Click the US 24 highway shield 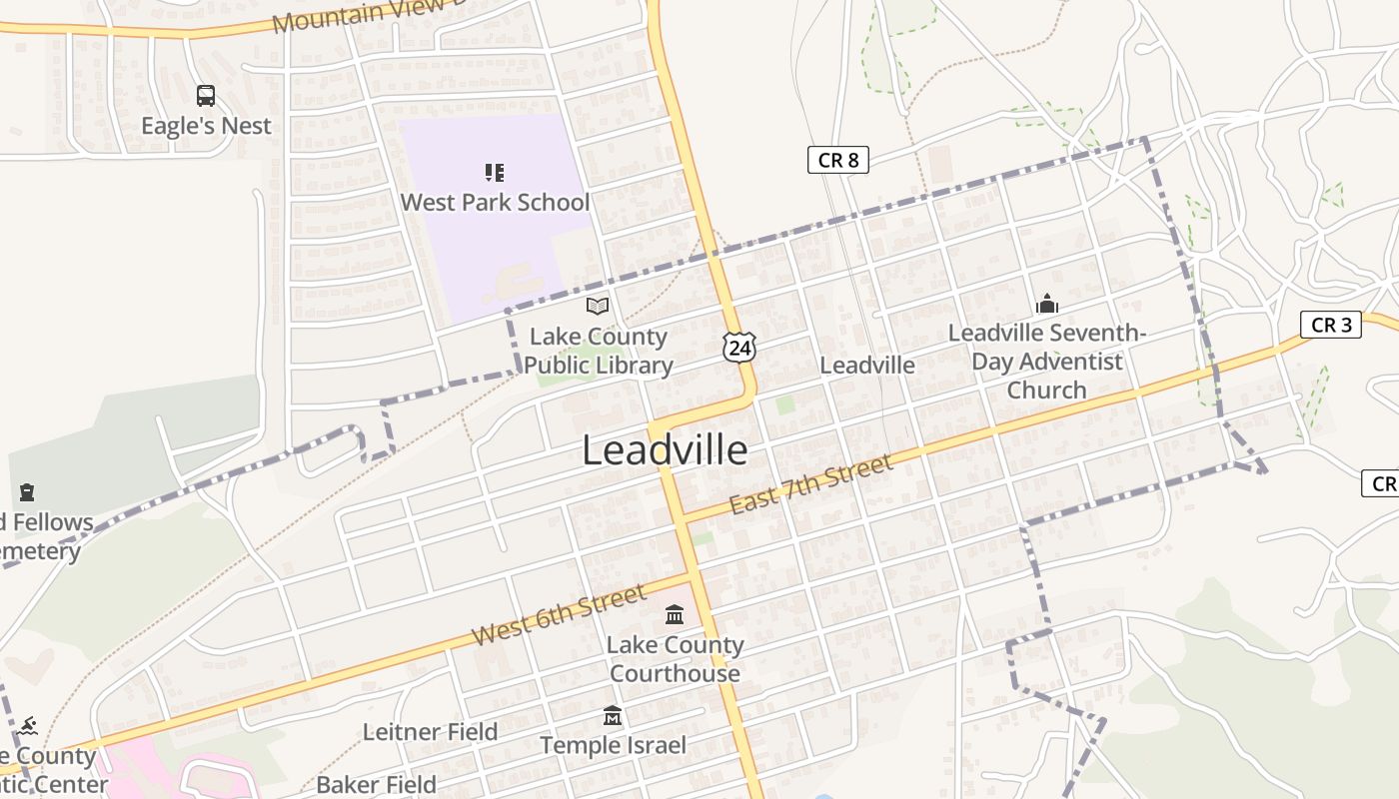pos(739,347)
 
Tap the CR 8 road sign pos(837,160)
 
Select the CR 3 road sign pos(1331,325)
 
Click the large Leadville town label pos(665,450)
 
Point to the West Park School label pos(495,202)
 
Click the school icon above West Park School pos(495,173)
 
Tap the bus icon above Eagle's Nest pos(206,96)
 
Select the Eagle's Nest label pos(206,126)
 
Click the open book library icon pos(598,306)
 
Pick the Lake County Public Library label pos(599,351)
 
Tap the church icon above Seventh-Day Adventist pos(1047,304)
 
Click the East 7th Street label pos(810,484)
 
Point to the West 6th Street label pos(559,616)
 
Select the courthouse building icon pos(675,614)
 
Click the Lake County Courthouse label pos(675,659)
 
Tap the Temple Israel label pos(614,745)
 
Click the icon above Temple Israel pos(613,716)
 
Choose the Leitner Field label pos(430,732)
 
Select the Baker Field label pos(377,784)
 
